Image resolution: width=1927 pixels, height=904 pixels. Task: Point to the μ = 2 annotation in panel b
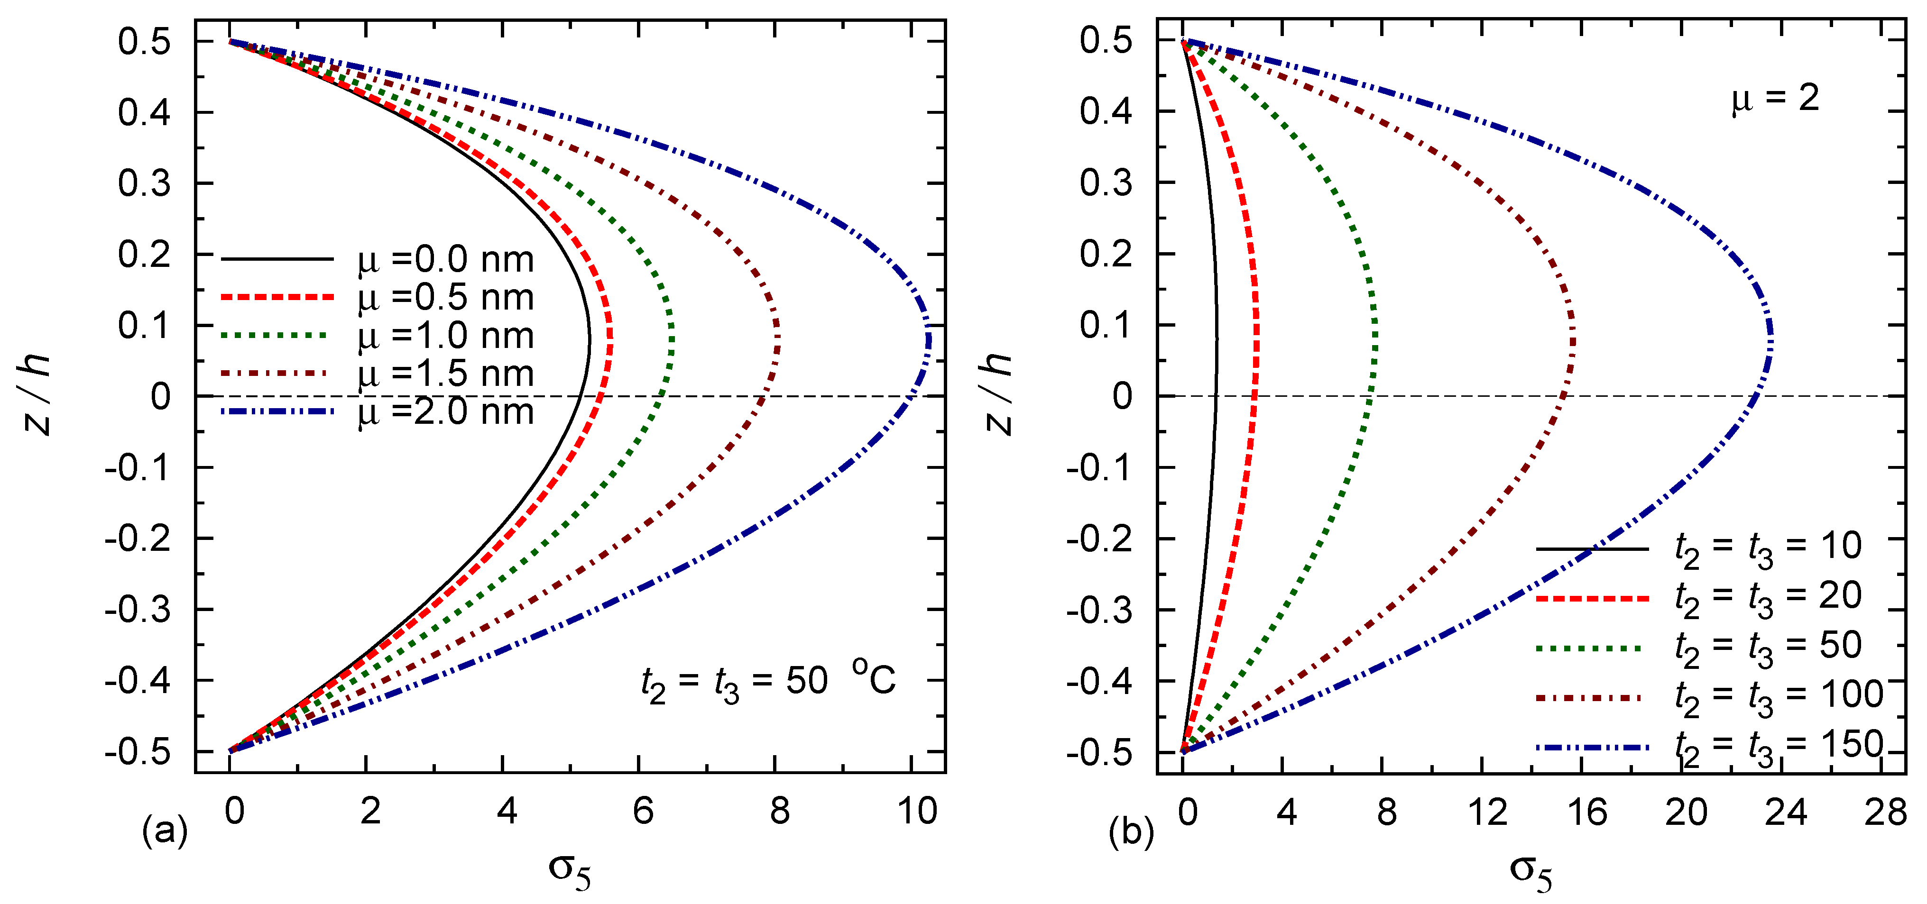coord(1774,99)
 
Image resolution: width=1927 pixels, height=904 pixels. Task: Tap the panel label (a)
coord(165,831)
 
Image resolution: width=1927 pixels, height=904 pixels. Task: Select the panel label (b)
coord(1131,831)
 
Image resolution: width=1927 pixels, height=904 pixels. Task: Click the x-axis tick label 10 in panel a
coord(917,811)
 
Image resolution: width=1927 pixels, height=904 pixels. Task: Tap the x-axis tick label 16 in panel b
coord(1586,811)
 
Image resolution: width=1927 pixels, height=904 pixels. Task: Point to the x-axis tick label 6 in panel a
coord(643,811)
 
